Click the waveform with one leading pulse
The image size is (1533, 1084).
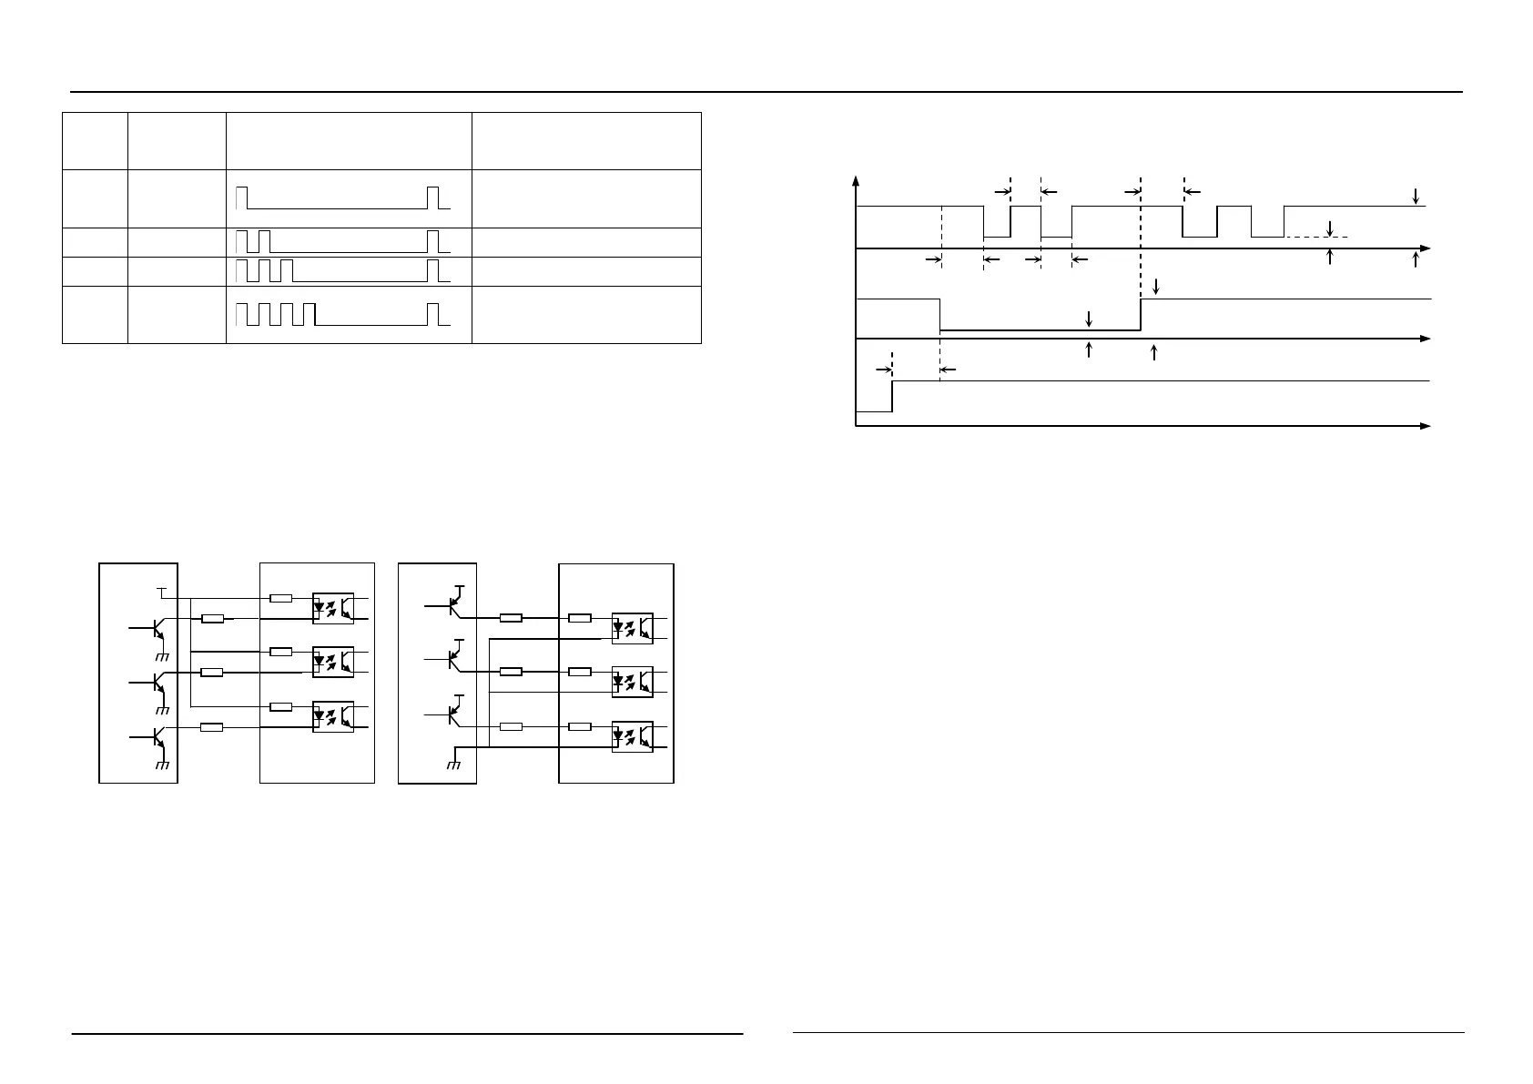tap(342, 198)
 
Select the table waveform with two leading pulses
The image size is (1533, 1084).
tap(342, 241)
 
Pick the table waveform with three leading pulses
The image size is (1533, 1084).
tap(342, 270)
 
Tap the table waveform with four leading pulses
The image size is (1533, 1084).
tap(342, 314)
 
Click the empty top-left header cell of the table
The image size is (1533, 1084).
tap(95, 140)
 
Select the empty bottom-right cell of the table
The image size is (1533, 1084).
tap(586, 315)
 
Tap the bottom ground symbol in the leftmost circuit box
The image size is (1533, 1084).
tap(164, 765)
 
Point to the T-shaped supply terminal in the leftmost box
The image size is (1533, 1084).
tap(162, 593)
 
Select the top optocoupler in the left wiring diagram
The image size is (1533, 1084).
tap(332, 608)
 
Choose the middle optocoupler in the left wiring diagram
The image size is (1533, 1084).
tap(332, 662)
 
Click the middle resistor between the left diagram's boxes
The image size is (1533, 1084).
tap(212, 673)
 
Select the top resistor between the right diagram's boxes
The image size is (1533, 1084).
tap(511, 618)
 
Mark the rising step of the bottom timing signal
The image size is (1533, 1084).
tap(892, 396)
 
